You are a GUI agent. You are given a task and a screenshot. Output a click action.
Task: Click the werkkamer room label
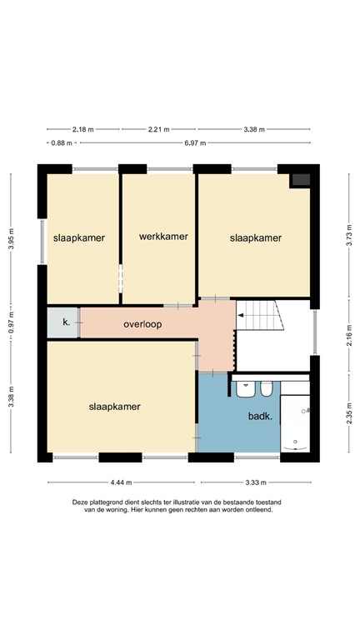click(163, 237)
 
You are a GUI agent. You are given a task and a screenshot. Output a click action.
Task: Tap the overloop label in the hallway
click(142, 323)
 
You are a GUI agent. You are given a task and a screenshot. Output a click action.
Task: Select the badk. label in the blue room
click(260, 415)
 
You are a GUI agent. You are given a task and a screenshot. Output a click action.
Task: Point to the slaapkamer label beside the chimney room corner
click(256, 237)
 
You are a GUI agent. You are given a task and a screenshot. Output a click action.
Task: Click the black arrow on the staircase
click(242, 316)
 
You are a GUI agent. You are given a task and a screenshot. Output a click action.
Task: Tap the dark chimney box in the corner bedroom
click(300, 180)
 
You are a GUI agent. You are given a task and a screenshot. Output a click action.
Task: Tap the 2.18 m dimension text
click(83, 129)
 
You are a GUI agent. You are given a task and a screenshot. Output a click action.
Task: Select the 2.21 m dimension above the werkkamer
click(159, 129)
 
